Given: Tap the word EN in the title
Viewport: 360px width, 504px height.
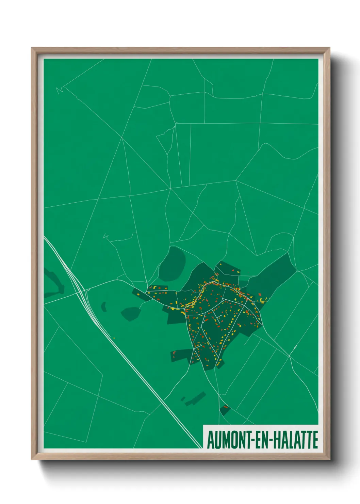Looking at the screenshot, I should [261, 440].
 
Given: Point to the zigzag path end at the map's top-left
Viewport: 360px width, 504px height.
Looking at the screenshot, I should [59, 91].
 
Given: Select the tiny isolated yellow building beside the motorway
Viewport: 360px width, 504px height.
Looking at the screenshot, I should [114, 338].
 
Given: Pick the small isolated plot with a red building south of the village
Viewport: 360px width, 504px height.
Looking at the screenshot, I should [225, 409].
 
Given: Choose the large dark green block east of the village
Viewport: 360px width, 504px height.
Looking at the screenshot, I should [272, 276].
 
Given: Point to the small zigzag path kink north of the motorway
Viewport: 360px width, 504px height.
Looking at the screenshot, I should [106, 236].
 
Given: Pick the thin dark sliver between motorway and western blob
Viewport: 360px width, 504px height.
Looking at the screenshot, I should [103, 306].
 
